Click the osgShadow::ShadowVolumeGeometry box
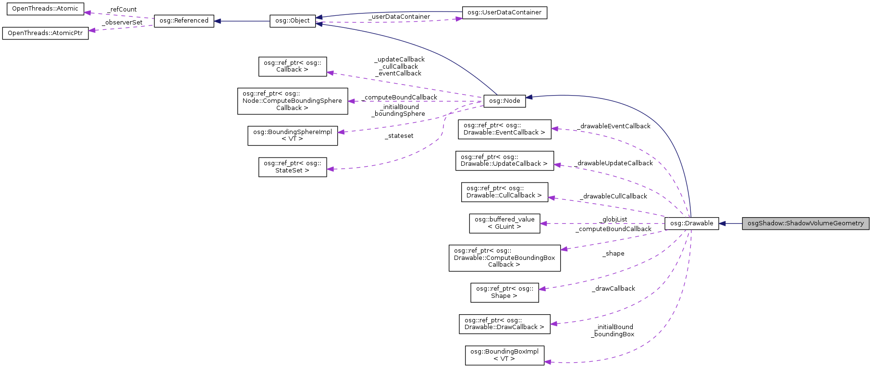805,223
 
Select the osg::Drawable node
691,223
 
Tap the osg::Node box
504,101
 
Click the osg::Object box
292,21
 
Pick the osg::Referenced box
184,21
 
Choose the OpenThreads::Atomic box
45,9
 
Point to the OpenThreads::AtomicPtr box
45,33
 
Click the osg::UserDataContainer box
504,12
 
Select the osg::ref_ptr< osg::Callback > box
292,66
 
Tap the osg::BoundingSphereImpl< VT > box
292,135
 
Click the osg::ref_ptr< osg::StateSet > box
292,167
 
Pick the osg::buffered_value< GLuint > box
504,223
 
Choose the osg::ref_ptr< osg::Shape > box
504,292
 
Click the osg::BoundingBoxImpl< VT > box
504,355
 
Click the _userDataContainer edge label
399,17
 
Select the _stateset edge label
399,136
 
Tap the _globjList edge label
614,220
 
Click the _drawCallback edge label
614,289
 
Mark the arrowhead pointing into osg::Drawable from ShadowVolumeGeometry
722,223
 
